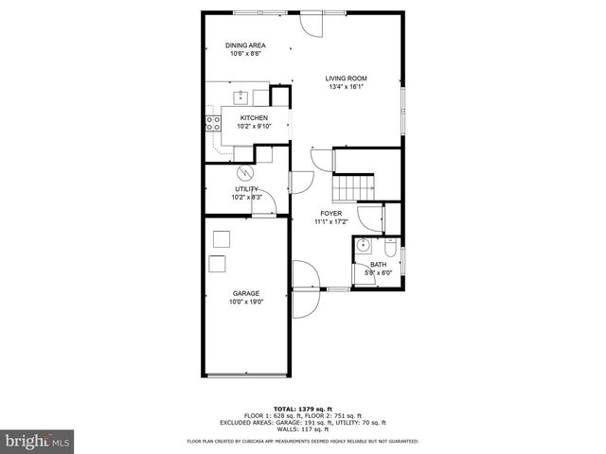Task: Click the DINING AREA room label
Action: point(245,44)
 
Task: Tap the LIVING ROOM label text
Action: point(346,79)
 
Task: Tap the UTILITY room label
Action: point(246,189)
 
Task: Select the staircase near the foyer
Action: point(358,187)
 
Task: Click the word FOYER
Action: point(331,214)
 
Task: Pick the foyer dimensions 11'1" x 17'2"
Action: point(331,222)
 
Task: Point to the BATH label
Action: point(379,265)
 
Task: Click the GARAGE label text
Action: point(246,293)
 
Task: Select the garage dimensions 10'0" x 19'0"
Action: point(246,302)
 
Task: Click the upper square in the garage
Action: point(222,238)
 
